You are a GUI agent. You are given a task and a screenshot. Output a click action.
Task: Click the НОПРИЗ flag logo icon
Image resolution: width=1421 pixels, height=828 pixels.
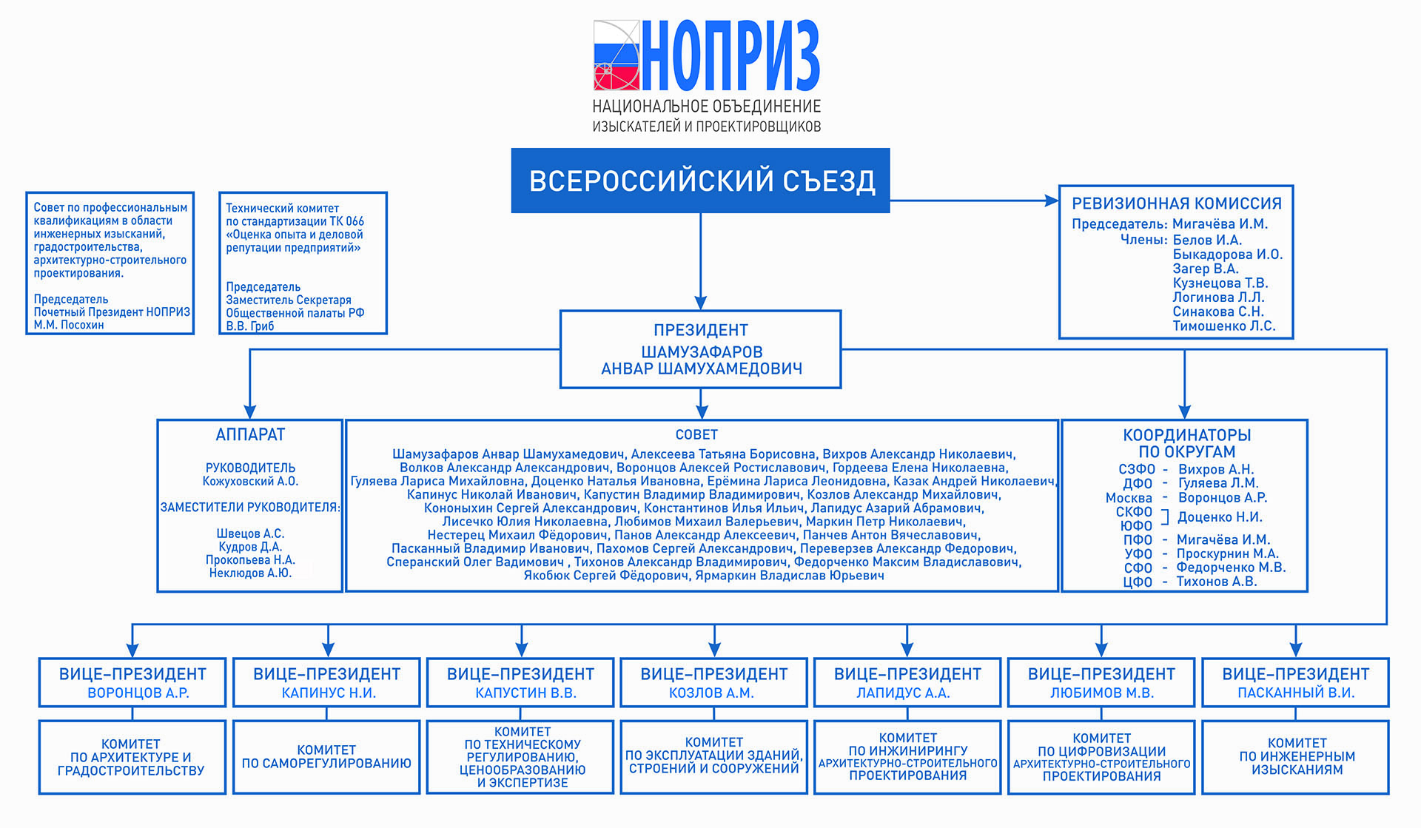pyautogui.click(x=616, y=55)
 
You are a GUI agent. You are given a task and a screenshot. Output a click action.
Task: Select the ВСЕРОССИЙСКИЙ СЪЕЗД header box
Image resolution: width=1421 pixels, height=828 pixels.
pyautogui.click(x=700, y=181)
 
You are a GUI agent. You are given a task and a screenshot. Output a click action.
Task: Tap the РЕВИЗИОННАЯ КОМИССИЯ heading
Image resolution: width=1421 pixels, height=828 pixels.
pyautogui.click(x=1176, y=203)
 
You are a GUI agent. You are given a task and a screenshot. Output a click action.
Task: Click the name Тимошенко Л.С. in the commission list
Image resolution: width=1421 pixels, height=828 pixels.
pyautogui.click(x=1223, y=326)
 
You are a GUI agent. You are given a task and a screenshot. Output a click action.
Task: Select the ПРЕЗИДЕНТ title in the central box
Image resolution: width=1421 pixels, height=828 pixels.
pyautogui.click(x=700, y=330)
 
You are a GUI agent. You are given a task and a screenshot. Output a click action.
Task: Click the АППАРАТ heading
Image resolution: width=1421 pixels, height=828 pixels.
pyautogui.click(x=250, y=435)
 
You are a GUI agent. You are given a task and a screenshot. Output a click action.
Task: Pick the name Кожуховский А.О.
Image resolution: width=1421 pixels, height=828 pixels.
pyautogui.click(x=250, y=482)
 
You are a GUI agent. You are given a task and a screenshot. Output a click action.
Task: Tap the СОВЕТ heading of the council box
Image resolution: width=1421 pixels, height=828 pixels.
pyautogui.click(x=696, y=435)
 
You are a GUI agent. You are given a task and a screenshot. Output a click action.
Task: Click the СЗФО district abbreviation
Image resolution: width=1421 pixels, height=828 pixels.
pyautogui.click(x=1136, y=469)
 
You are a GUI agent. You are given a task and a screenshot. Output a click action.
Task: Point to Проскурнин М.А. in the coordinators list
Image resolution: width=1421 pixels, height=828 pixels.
pyautogui.click(x=1227, y=553)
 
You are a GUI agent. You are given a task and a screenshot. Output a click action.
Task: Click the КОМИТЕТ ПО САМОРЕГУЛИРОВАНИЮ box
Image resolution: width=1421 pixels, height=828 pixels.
pyautogui.click(x=326, y=757)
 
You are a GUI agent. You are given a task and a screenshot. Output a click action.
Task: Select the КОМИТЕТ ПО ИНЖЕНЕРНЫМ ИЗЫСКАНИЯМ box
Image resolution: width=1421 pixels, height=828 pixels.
pyautogui.click(x=1297, y=757)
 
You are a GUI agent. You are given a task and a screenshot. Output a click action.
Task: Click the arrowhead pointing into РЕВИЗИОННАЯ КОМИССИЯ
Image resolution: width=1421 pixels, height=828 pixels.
pyautogui.click(x=1052, y=201)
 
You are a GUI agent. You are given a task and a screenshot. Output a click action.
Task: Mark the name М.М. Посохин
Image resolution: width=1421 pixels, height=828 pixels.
pyautogui.click(x=68, y=325)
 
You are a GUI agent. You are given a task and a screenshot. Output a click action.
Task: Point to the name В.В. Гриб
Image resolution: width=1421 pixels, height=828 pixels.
pyautogui.click(x=249, y=326)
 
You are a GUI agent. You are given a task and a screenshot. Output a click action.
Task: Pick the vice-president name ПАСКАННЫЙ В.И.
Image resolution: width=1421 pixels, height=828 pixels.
pyautogui.click(x=1296, y=693)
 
